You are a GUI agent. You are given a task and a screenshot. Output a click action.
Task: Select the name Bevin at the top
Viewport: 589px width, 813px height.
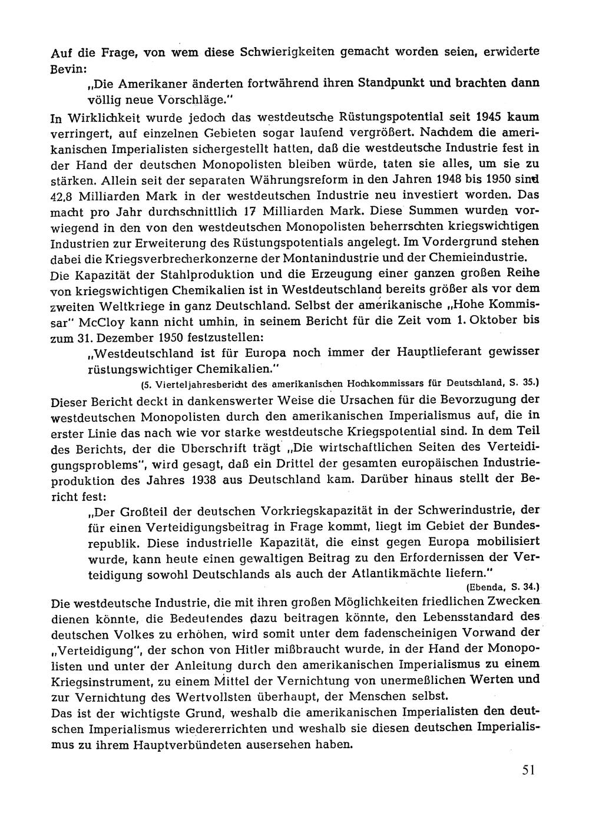67,67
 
